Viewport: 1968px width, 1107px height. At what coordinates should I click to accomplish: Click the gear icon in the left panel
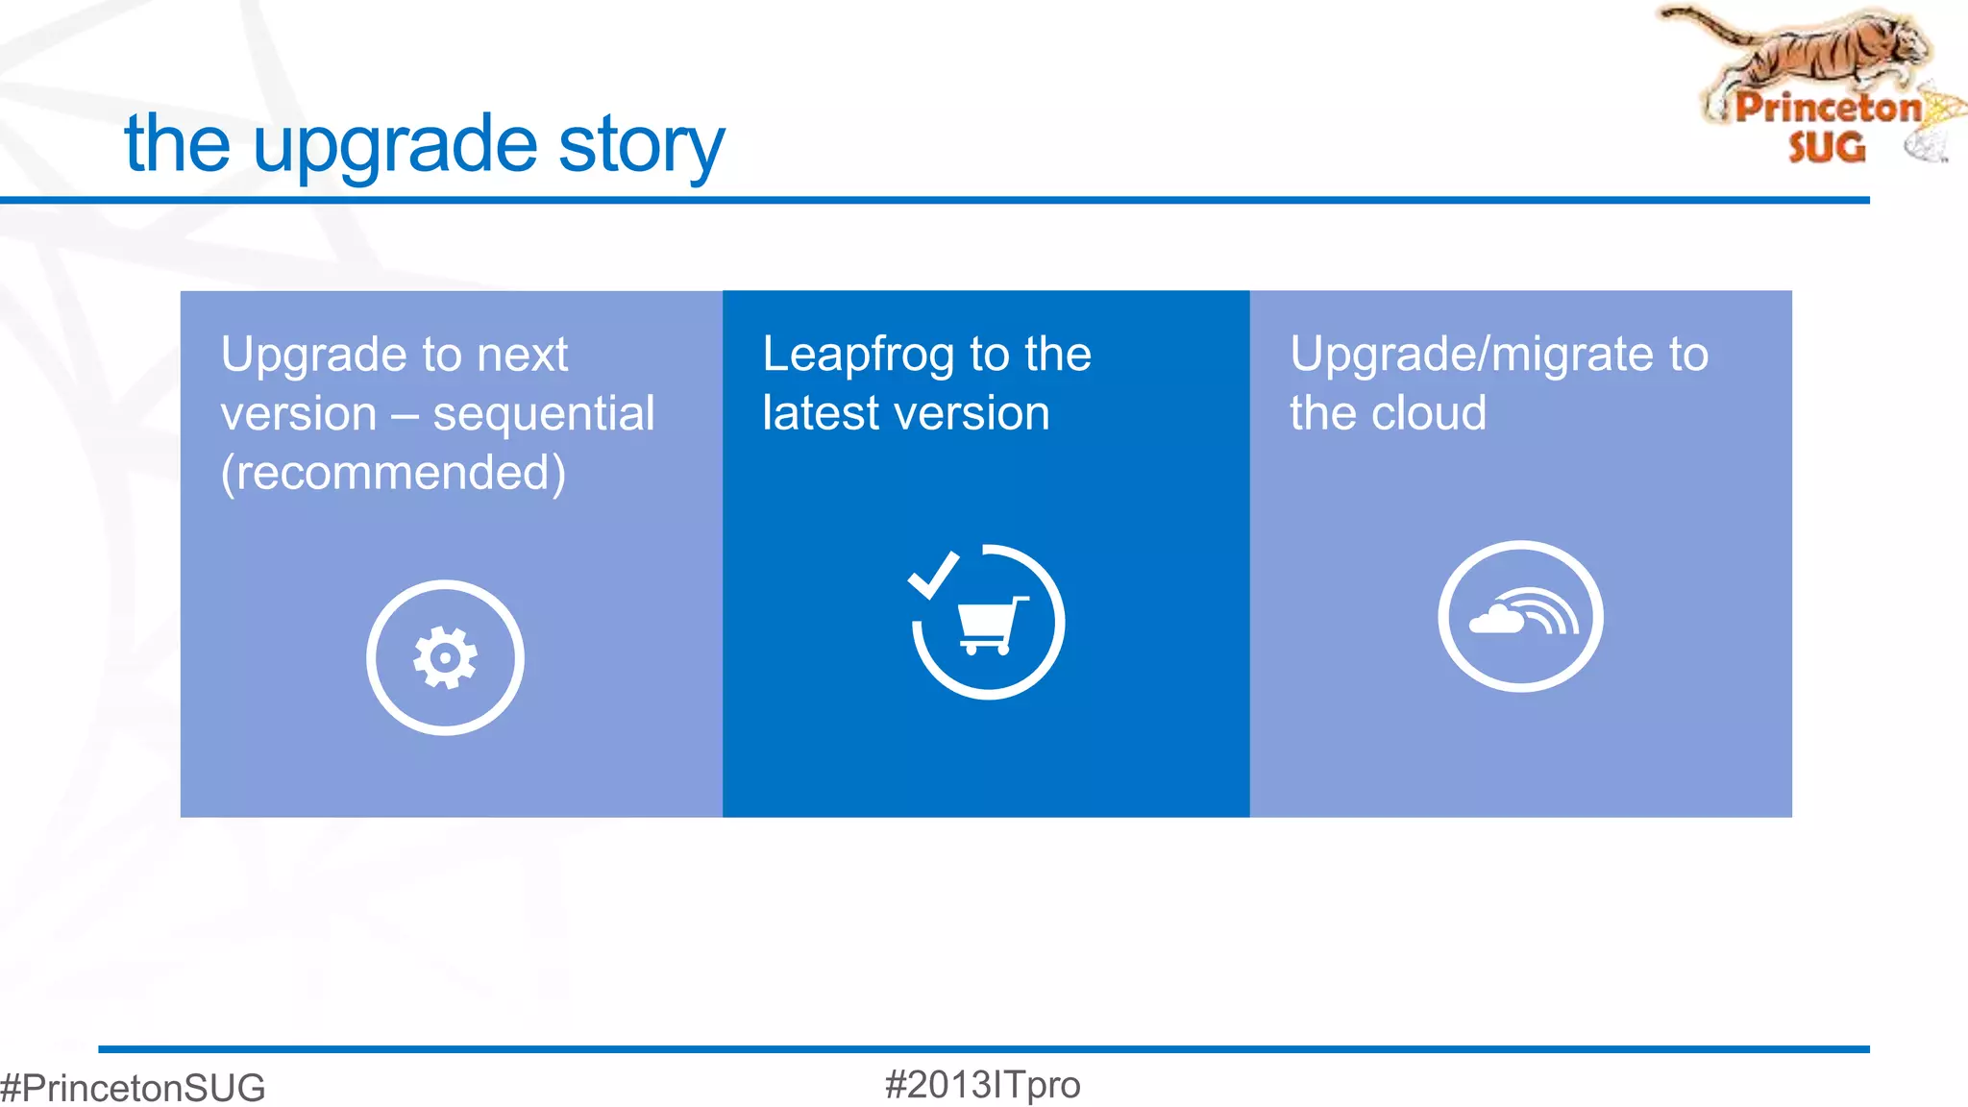[445, 658]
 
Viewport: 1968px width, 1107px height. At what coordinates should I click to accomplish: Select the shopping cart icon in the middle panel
[991, 627]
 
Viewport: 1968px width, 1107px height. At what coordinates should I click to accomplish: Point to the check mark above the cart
[932, 575]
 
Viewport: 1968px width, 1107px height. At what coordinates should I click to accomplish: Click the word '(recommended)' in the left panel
[393, 473]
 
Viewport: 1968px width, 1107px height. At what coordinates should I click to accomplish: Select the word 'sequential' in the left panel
[543, 414]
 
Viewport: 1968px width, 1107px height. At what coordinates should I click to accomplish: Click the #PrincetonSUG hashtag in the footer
[133, 1088]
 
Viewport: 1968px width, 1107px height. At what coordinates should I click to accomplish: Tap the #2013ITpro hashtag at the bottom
[982, 1085]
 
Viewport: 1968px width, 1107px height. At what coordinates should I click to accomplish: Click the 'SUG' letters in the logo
[1826, 148]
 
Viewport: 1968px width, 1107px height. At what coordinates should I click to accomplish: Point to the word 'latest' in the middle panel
[821, 413]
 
